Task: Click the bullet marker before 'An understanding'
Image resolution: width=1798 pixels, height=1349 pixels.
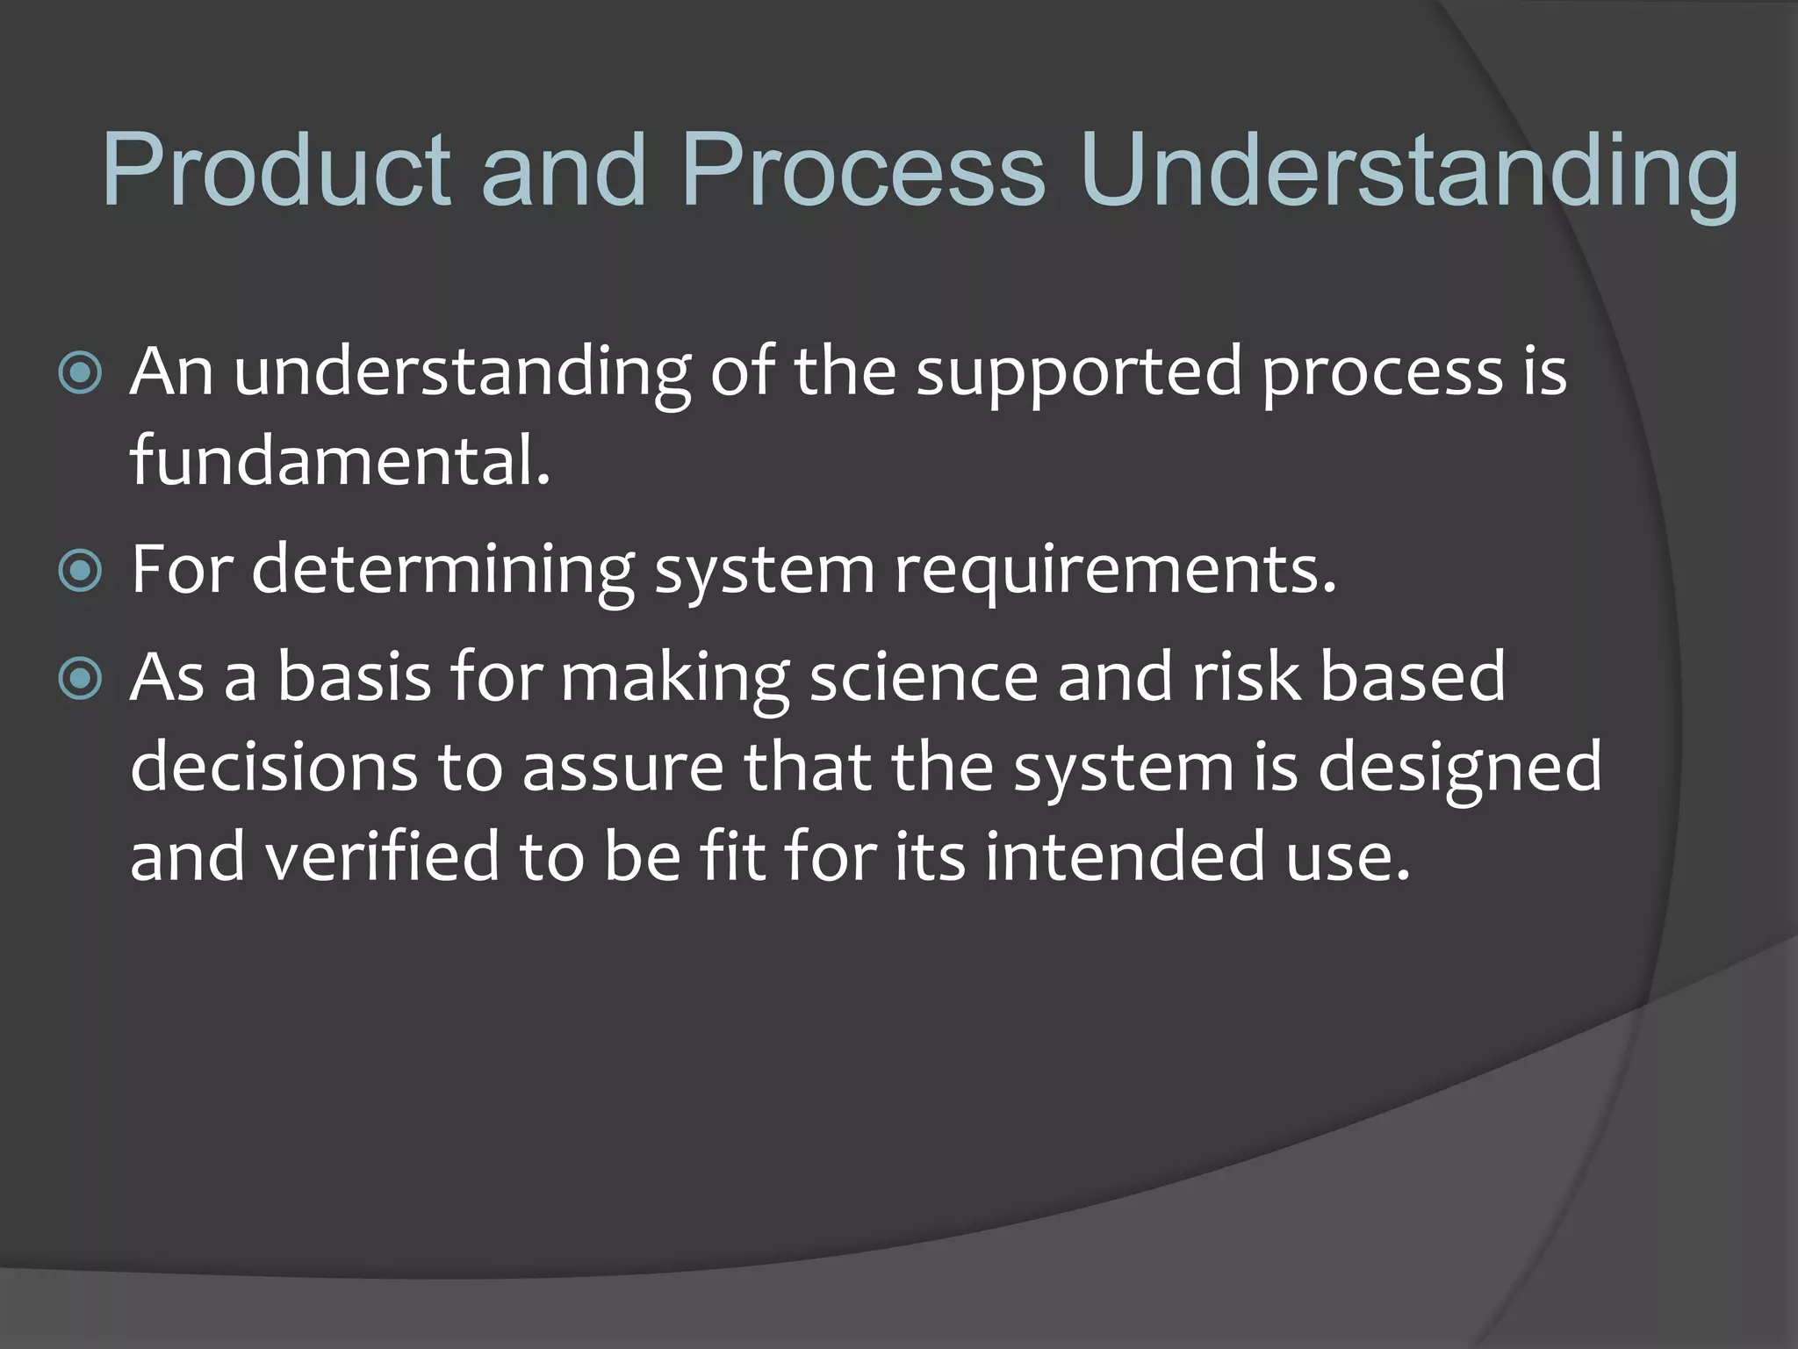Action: (x=80, y=374)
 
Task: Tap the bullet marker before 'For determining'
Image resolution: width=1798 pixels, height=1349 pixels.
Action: (x=80, y=572)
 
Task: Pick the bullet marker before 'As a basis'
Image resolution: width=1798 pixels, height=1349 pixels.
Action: (x=80, y=679)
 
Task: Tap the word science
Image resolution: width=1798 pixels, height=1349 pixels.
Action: (x=923, y=677)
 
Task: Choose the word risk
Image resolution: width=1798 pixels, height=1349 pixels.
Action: (x=1245, y=677)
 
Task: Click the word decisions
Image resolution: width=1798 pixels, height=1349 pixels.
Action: (x=273, y=767)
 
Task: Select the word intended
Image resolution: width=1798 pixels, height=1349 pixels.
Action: (x=1125, y=856)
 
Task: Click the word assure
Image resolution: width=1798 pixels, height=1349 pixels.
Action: (x=622, y=767)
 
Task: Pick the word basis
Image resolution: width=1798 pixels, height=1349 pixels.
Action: (x=354, y=677)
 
